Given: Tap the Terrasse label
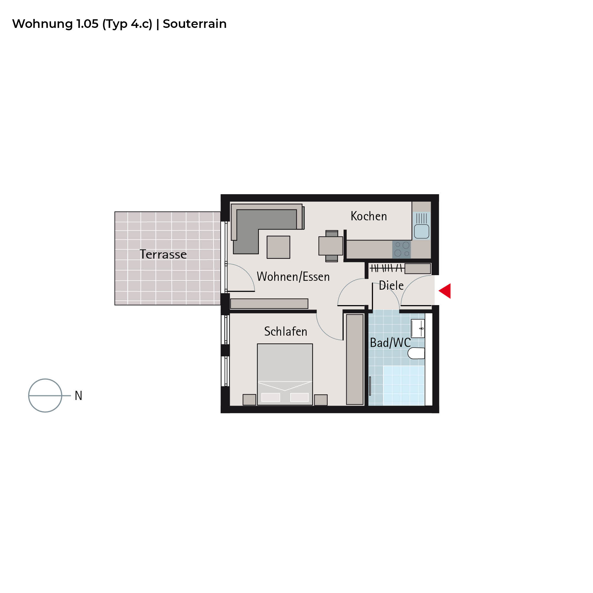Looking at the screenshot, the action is coord(163,254).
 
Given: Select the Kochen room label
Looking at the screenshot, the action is coord(369,216).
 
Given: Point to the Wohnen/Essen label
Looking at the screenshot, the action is coord(293,277).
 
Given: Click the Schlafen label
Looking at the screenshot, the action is coord(286,331).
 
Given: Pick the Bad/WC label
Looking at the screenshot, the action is coord(390,343).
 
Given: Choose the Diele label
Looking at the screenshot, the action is coord(391,286).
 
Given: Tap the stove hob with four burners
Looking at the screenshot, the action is coord(401,249).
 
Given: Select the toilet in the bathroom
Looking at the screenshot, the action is coord(416,353).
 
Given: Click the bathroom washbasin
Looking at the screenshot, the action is coord(418,329).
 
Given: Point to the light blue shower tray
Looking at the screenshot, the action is coord(404,385).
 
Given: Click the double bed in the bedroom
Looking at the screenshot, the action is coord(285,374).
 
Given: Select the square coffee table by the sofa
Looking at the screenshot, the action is coord(278,247).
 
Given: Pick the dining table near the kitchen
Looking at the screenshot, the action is coord(331,246).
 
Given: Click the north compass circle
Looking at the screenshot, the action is coord(45,395).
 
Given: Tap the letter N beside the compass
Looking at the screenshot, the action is coord(79,396).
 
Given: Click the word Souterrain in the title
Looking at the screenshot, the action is coord(195,24).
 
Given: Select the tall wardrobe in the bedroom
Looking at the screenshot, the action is coord(355,359).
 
